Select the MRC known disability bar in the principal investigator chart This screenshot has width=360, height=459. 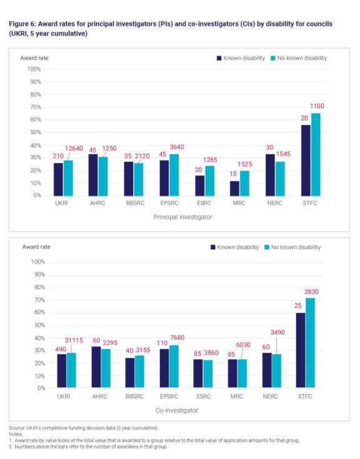tap(235, 188)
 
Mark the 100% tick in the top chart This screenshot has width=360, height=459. tap(34, 69)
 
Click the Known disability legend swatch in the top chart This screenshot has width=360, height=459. tap(219, 58)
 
